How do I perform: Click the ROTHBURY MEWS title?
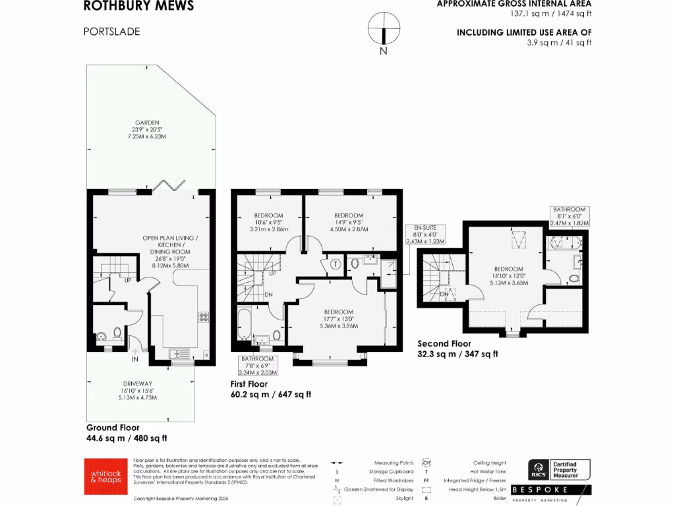coord(139,7)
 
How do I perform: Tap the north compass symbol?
coord(383,30)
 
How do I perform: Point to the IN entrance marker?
coord(134,359)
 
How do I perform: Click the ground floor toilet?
coord(117,333)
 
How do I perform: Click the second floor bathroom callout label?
coord(570,216)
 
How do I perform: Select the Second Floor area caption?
coord(458,349)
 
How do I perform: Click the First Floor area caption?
coord(270,389)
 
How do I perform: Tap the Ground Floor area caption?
coord(127,432)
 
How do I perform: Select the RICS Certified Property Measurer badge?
coord(559,470)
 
